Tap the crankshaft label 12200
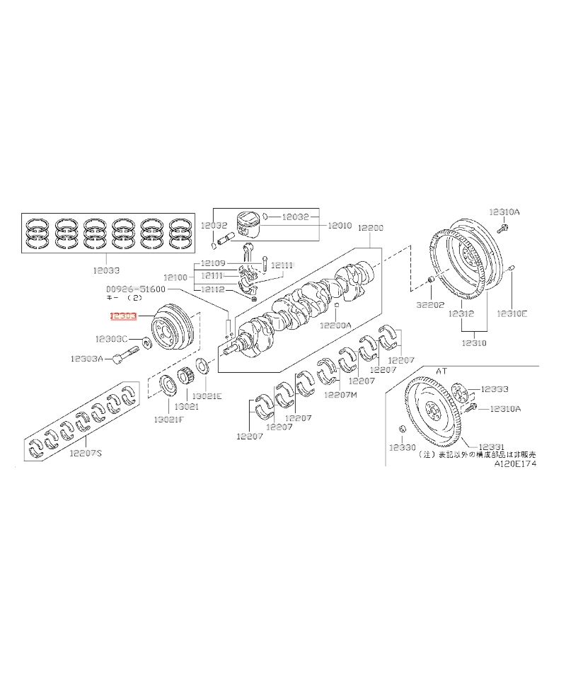370,228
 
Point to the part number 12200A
335,325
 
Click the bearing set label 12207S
86,453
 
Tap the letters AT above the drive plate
441,371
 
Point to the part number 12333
495,389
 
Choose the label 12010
339,226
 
